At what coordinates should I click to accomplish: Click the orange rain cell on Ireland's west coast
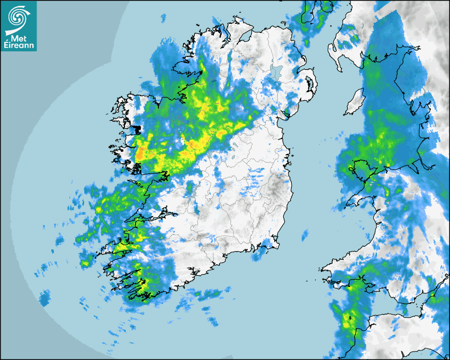pos(141,154)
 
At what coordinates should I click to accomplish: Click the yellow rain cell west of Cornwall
pos(348,321)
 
